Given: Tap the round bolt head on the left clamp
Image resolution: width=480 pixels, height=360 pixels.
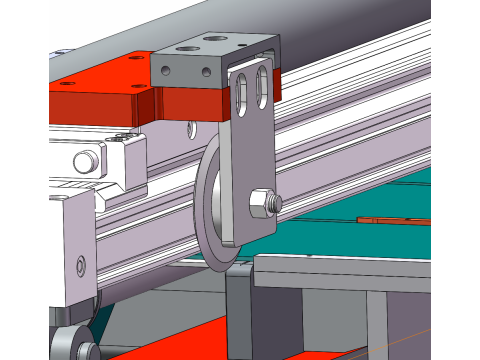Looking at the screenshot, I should click(x=84, y=159).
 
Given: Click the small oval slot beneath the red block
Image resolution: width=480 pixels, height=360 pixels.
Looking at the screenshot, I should click(x=188, y=129).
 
